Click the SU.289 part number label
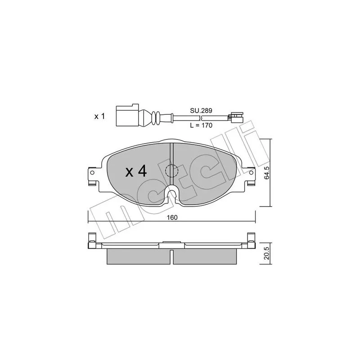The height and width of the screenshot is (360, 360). tap(201, 111)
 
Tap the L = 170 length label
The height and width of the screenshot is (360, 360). tap(201, 126)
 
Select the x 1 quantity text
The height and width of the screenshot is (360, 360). tap(99, 117)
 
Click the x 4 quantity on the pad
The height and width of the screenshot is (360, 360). tap(136, 171)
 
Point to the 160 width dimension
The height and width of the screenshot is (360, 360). tap(172, 217)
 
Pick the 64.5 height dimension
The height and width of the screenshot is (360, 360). tap(266, 173)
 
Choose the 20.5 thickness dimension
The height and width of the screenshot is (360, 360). tap(266, 253)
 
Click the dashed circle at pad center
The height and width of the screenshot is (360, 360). tap(172, 171)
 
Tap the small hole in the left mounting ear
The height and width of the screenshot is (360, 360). tap(92, 172)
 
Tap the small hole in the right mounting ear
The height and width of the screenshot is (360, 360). tap(252, 172)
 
